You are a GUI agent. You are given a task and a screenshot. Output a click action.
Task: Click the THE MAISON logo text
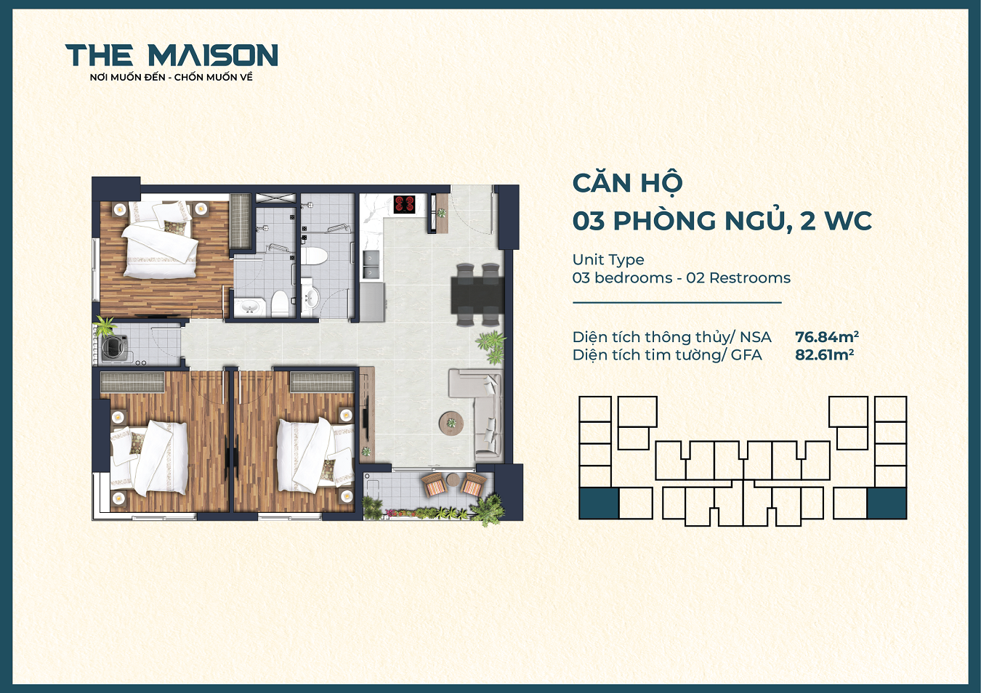point(171,55)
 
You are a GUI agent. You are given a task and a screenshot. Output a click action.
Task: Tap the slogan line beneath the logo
point(171,77)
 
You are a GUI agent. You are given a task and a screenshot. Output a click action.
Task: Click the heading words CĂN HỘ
point(627,183)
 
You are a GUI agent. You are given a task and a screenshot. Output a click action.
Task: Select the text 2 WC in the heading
point(836,221)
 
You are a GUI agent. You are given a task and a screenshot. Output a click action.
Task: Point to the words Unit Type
point(607,259)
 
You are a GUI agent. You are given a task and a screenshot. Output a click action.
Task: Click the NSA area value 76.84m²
point(826,337)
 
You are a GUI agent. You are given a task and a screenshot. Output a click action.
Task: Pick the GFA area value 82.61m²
point(824,355)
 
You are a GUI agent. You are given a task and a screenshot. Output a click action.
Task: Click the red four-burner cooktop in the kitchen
point(404,204)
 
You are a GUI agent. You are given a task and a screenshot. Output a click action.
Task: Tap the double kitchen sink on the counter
point(371,264)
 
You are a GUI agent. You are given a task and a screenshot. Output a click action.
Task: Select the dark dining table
point(477,295)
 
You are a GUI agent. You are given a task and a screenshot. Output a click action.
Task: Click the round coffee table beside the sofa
point(451,422)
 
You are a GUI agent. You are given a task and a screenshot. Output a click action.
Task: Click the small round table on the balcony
point(453,479)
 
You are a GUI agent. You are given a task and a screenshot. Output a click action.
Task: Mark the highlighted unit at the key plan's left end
point(598,503)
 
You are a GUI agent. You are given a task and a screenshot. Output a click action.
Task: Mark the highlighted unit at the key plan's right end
point(887,503)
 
